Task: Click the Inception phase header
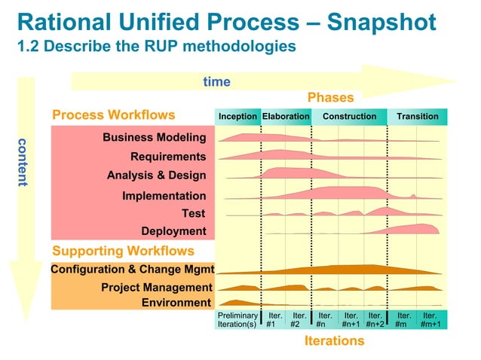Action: click(237, 117)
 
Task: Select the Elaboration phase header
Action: click(286, 117)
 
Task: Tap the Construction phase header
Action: click(349, 117)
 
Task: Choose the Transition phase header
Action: click(418, 117)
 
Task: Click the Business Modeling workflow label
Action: click(155, 138)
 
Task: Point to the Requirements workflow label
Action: click(168, 157)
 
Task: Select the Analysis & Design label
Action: click(156, 175)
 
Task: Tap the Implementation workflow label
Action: click(164, 196)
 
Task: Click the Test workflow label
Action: click(194, 213)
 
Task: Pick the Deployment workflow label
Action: click(173, 231)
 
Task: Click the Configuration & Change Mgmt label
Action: click(133, 269)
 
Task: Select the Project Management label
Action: click(157, 288)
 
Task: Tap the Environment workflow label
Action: click(176, 303)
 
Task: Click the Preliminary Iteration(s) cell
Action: click(237, 320)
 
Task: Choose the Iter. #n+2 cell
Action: click(375, 320)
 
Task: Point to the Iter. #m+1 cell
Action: click(430, 320)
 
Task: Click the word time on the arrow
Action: click(217, 82)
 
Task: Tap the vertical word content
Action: click(23, 163)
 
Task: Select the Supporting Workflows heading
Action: click(123, 251)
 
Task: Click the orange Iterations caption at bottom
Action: click(334, 340)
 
